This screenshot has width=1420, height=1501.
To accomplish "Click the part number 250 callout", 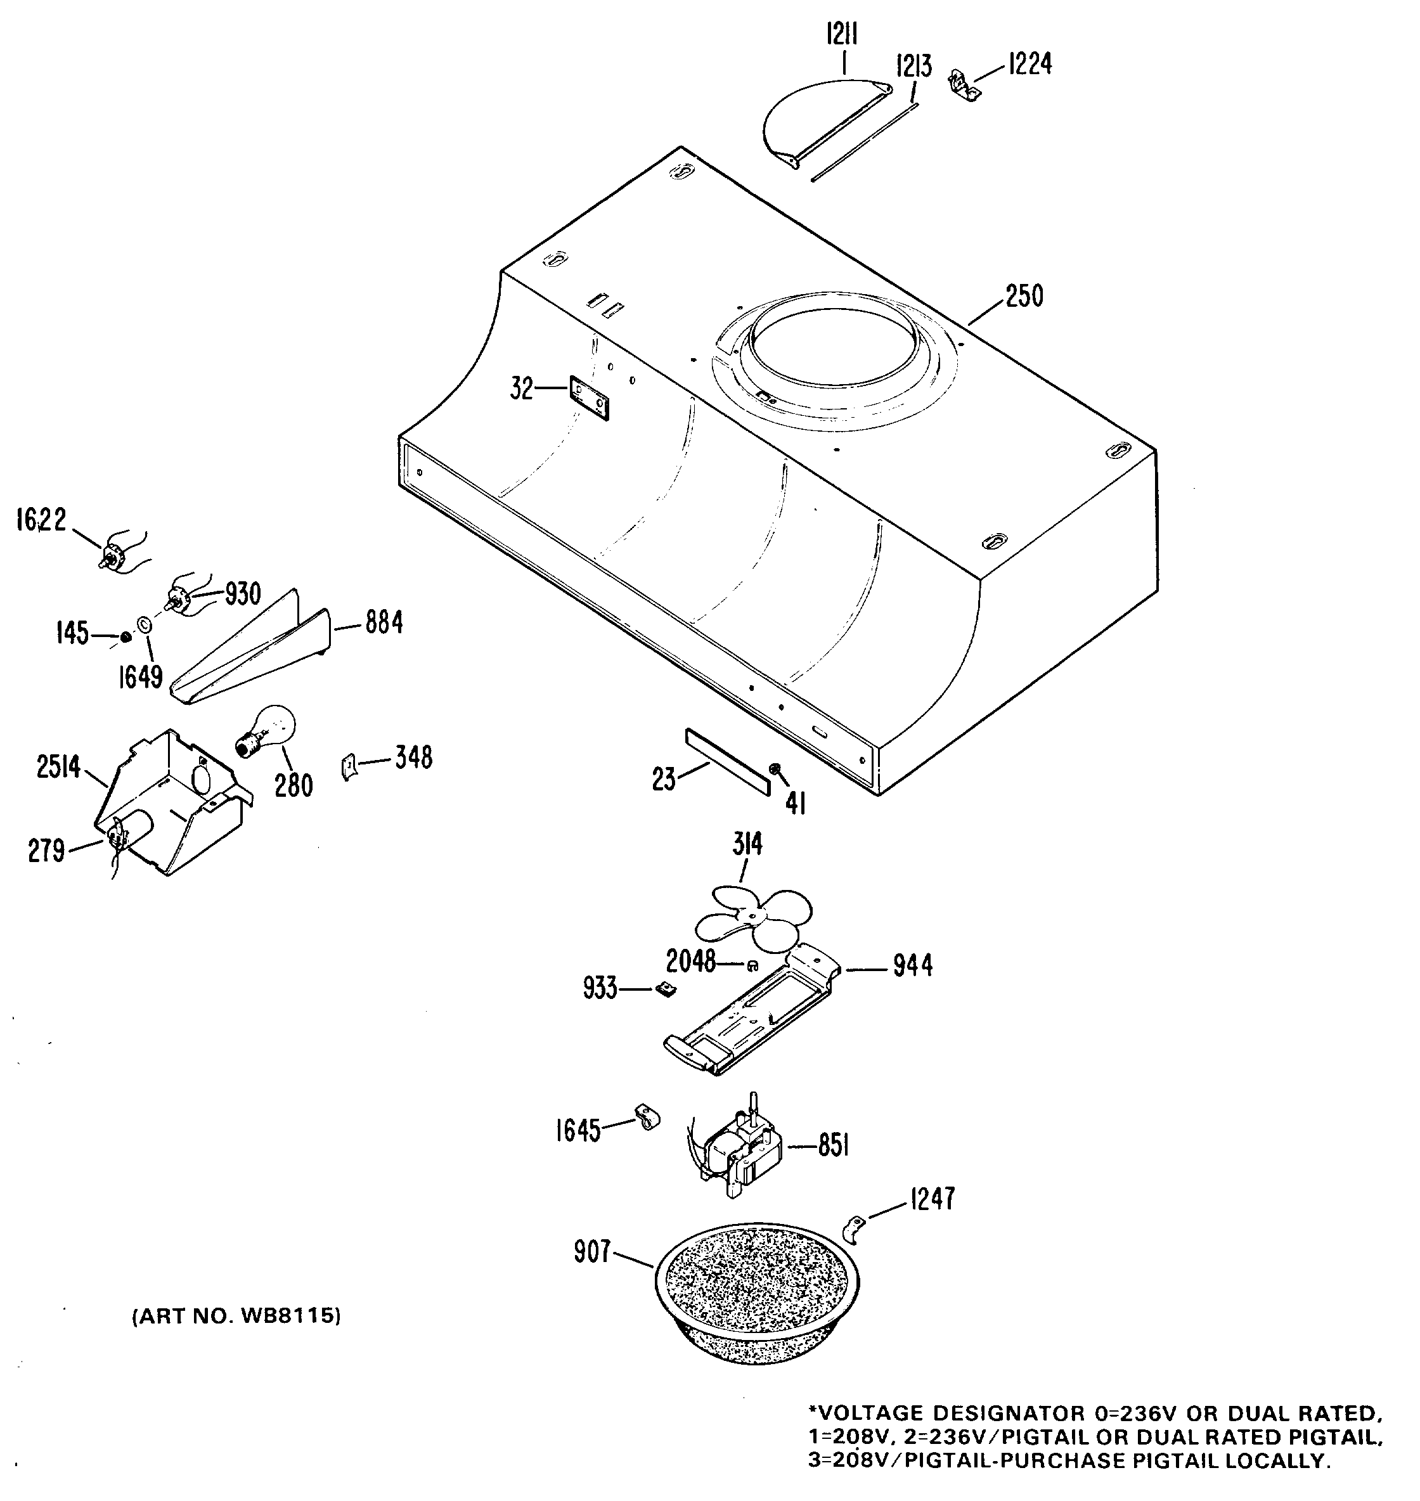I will click(x=1024, y=296).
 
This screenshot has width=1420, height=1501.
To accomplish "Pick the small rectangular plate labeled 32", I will click(x=590, y=397).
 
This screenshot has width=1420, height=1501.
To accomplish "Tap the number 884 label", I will click(x=384, y=623).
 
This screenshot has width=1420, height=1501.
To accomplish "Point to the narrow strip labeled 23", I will click(x=727, y=761).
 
